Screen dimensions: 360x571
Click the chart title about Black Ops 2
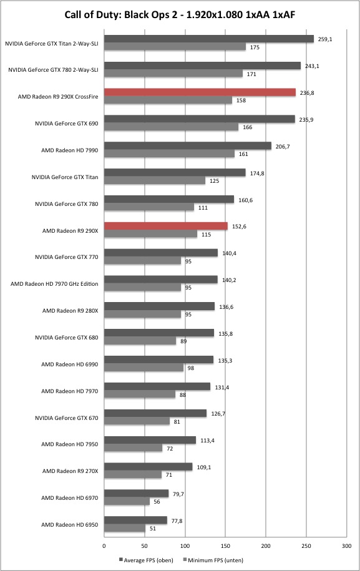pos(180,14)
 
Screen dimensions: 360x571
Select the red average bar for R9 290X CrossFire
pos(200,92)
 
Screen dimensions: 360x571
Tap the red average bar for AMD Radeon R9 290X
pos(165,226)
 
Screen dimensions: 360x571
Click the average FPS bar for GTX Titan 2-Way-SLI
pos(209,39)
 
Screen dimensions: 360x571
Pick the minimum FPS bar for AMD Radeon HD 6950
pos(125,529)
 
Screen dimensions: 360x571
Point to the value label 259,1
pos(324,39)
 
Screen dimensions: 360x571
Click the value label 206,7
pos(283,147)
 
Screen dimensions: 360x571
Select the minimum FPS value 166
pos(248,127)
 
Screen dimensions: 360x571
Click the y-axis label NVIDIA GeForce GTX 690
pos(67,124)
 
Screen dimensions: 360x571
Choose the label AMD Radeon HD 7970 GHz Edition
pos(54,284)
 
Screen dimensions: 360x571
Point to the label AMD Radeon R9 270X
pos(71,471)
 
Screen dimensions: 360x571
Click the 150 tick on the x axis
pos(225,546)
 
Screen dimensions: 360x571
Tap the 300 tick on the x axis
pos(346,546)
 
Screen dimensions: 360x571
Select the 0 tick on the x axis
pos(104,546)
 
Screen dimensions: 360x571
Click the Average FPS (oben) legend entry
pos(145,560)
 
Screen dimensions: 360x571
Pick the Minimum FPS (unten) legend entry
pos(213,560)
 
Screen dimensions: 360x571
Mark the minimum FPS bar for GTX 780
pos(149,207)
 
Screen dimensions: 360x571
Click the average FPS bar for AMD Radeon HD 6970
pos(136,494)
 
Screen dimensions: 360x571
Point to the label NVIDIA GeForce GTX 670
pos(67,417)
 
